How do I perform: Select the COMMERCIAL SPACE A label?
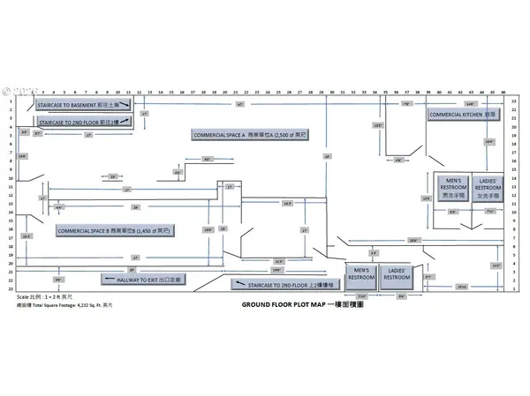point(249,133)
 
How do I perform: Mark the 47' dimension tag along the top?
point(240,104)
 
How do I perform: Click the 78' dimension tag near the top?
point(406,104)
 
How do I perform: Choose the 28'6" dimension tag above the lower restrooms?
point(413,240)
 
